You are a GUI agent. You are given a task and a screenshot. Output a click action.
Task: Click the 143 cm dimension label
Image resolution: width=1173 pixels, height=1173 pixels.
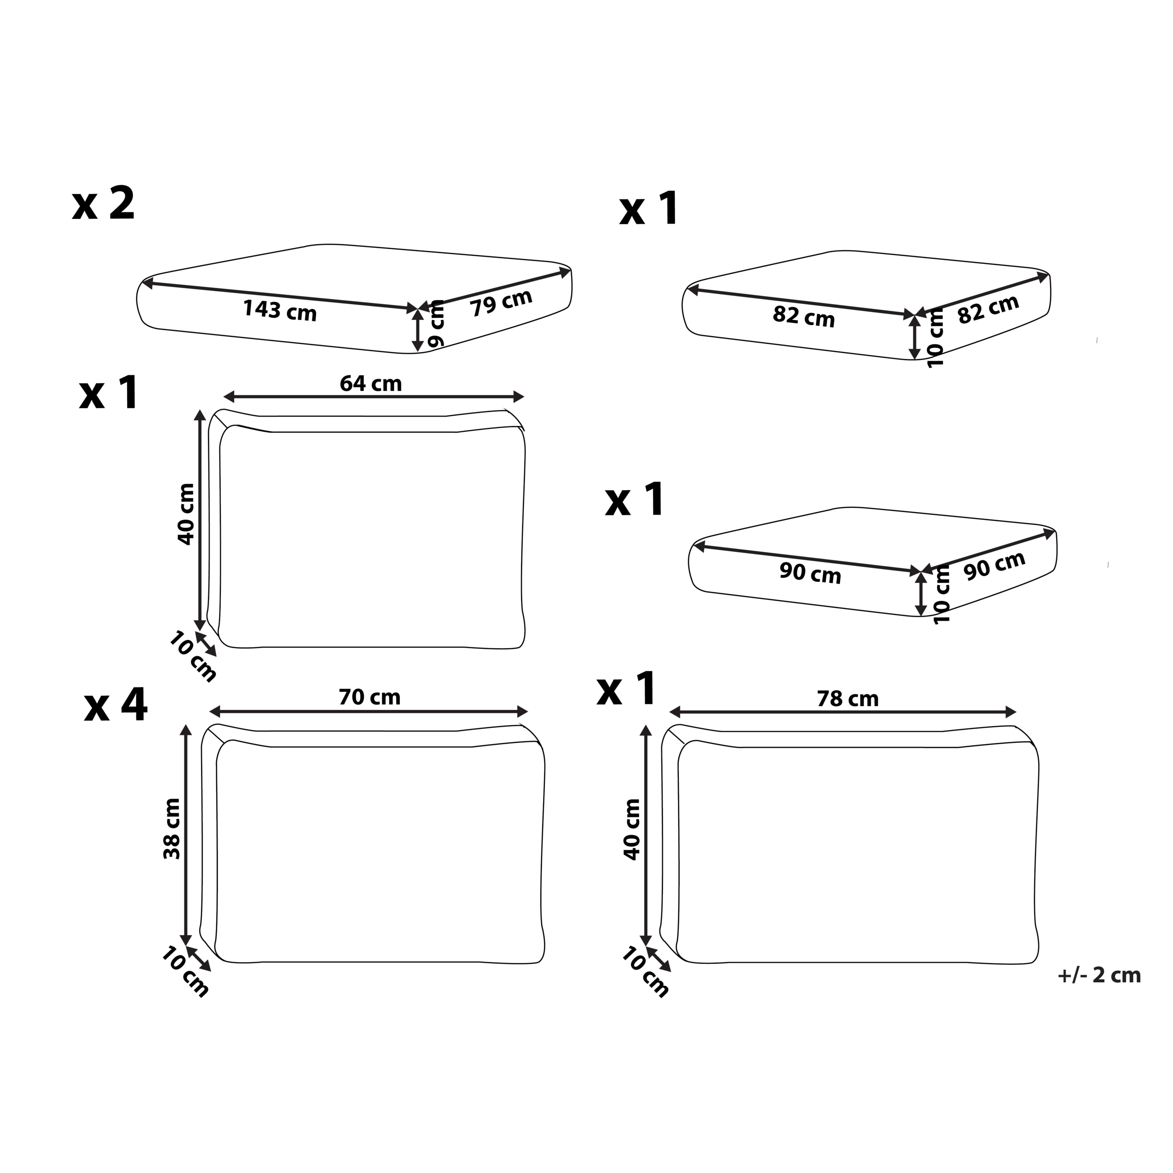[280, 310]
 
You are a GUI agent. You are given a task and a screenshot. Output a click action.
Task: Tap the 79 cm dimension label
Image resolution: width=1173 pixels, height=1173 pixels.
[501, 302]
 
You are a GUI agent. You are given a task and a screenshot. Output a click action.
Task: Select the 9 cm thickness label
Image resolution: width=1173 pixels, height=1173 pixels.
[436, 325]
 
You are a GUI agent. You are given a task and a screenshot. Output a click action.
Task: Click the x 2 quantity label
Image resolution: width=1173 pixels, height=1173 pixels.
[103, 203]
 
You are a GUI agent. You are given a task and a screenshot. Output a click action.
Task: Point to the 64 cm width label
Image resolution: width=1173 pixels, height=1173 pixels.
[370, 384]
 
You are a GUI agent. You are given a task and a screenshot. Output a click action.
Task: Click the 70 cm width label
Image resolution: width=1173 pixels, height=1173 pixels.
[369, 697]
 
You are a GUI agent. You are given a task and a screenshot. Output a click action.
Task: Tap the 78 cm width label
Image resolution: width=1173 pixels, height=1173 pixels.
[848, 699]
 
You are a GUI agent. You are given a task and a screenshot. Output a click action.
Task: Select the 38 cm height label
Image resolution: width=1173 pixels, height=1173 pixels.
[172, 829]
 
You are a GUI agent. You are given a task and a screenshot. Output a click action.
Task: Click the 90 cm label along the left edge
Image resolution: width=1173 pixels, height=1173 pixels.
[810, 573]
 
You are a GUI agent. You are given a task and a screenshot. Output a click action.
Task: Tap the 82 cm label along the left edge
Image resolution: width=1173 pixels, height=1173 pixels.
[804, 316]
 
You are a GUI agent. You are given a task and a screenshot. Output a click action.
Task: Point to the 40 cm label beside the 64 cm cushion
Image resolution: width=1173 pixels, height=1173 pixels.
[186, 514]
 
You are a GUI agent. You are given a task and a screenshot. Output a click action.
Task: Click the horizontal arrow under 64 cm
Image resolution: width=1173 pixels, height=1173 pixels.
[374, 397]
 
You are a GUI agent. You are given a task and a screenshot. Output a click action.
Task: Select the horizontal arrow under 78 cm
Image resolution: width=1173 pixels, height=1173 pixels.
[843, 712]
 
